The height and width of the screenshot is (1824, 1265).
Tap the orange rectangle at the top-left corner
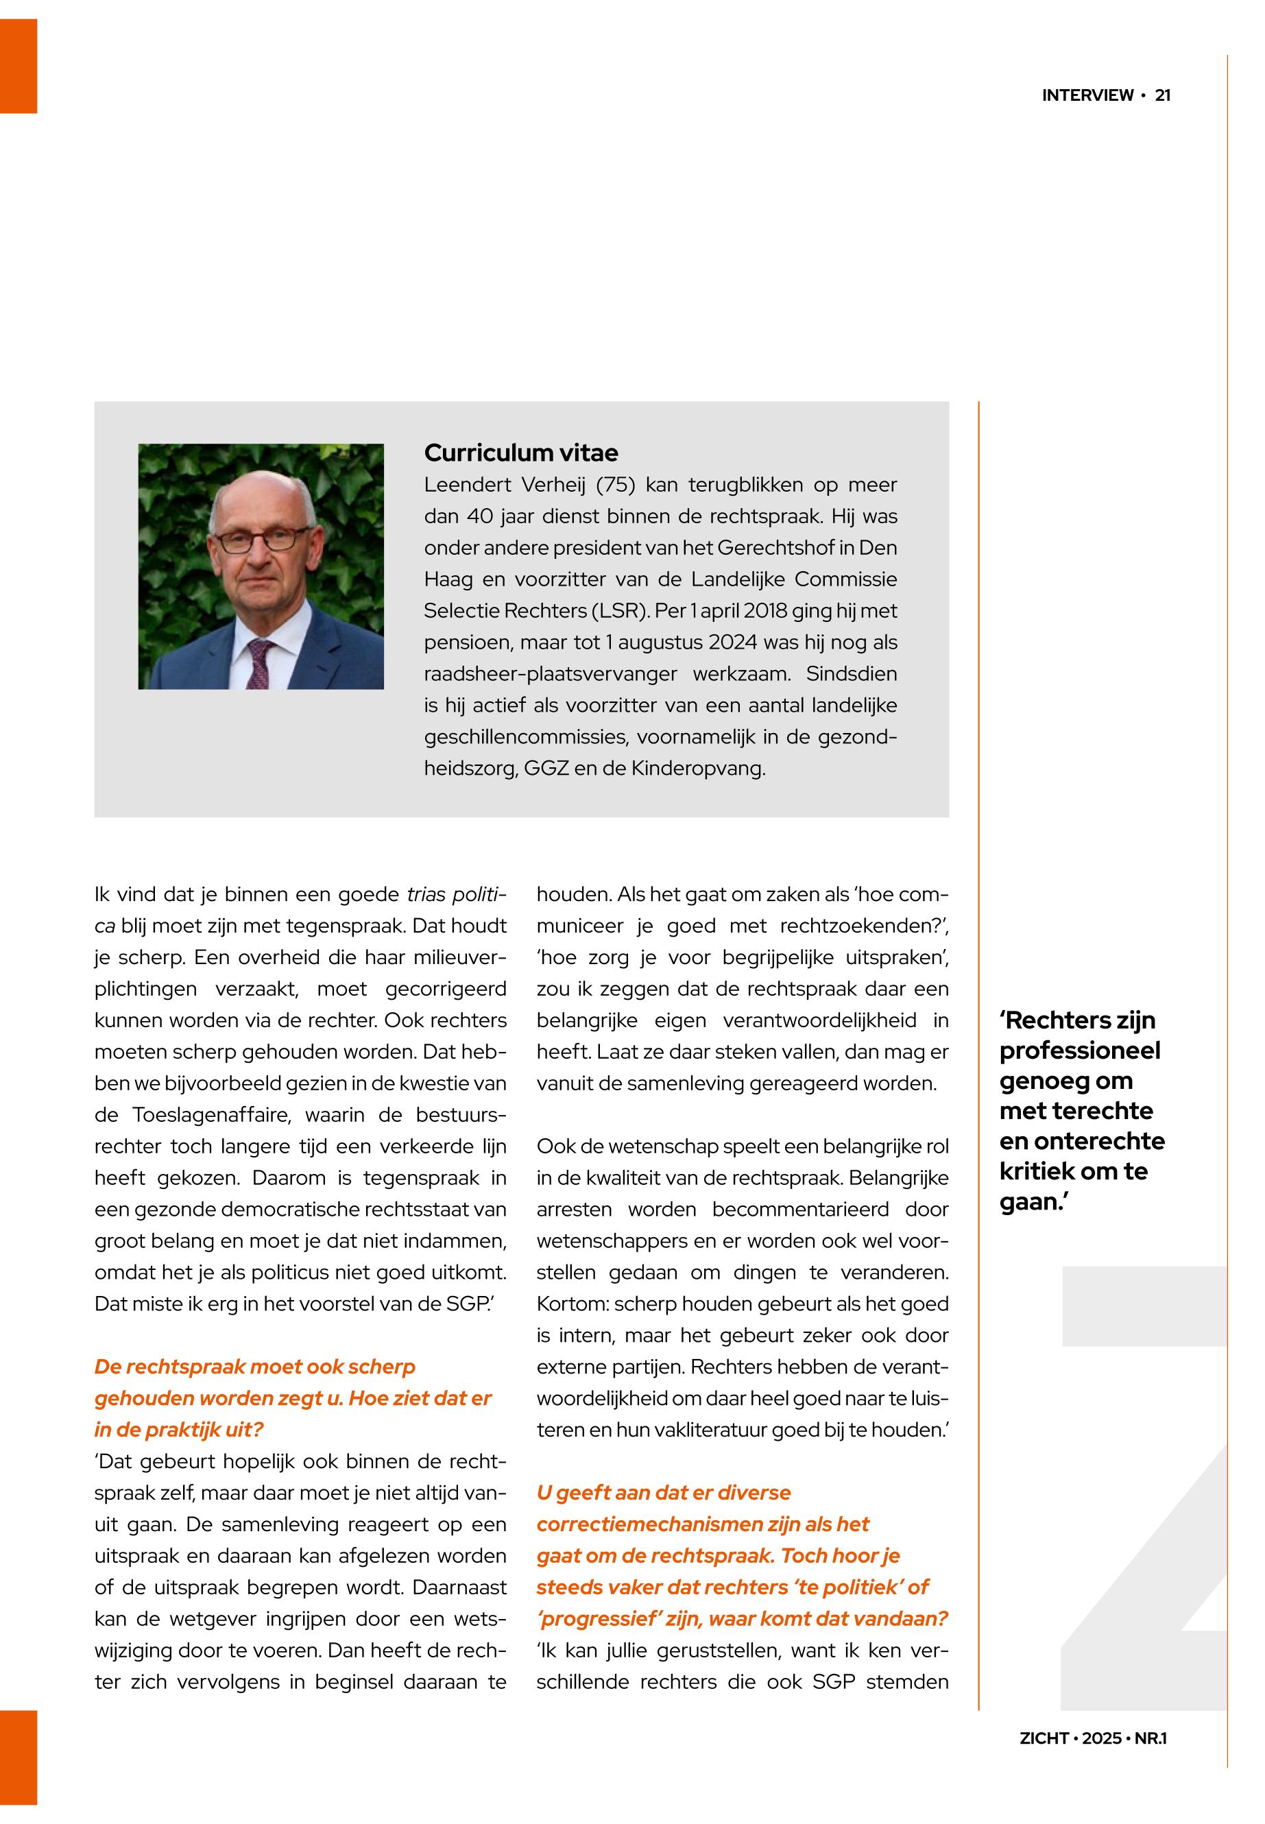(19, 66)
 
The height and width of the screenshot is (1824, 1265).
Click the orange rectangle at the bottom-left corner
(19, 1757)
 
